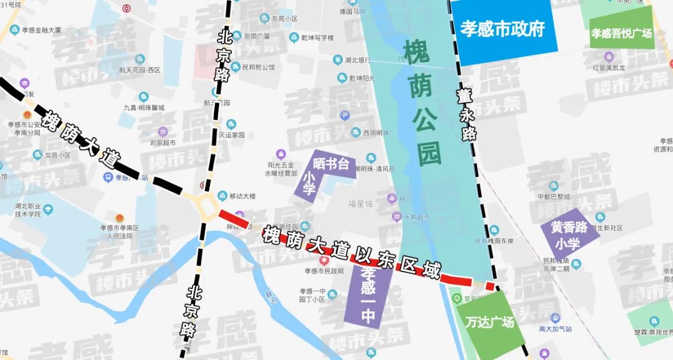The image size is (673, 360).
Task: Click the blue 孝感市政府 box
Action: coord(504,30)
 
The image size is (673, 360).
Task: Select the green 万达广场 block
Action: coord(489,323)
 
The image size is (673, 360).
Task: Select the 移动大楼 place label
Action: coord(242,196)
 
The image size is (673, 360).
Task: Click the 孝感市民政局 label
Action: coord(324,271)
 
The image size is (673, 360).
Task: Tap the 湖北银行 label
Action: coord(358,60)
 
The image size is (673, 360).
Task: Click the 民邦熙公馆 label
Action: coord(258,67)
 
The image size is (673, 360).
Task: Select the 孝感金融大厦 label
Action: coord(41,29)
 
